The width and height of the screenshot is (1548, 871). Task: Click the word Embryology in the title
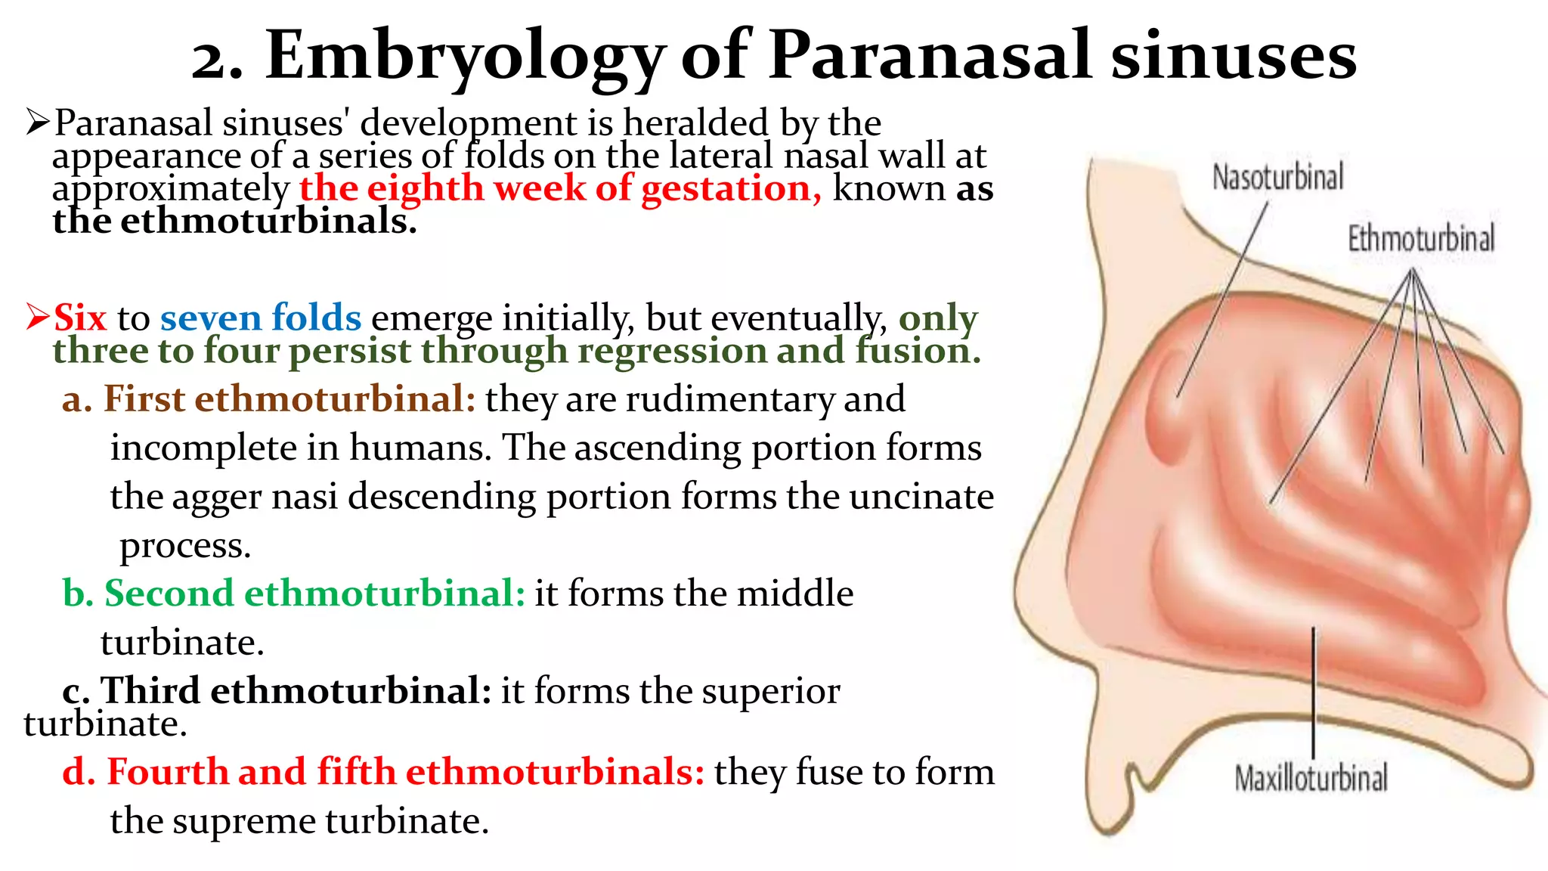tap(465, 57)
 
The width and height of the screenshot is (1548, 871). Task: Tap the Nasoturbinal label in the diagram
tap(1278, 177)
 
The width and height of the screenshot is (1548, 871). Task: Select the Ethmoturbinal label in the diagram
tap(1421, 239)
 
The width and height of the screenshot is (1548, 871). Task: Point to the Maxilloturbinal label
tap(1311, 778)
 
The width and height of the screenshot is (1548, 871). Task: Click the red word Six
tap(80, 318)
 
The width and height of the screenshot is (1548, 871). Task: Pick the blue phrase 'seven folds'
tap(261, 318)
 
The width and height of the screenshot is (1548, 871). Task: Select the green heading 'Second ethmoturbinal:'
tap(314, 593)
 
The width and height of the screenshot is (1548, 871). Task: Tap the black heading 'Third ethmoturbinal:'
tap(296, 690)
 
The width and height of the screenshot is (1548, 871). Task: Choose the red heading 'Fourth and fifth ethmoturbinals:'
tap(405, 772)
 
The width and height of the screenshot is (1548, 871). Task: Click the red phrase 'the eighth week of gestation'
tap(559, 188)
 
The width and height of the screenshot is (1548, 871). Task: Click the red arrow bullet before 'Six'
tap(37, 316)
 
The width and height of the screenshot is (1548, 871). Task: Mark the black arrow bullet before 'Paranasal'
tap(37, 122)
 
